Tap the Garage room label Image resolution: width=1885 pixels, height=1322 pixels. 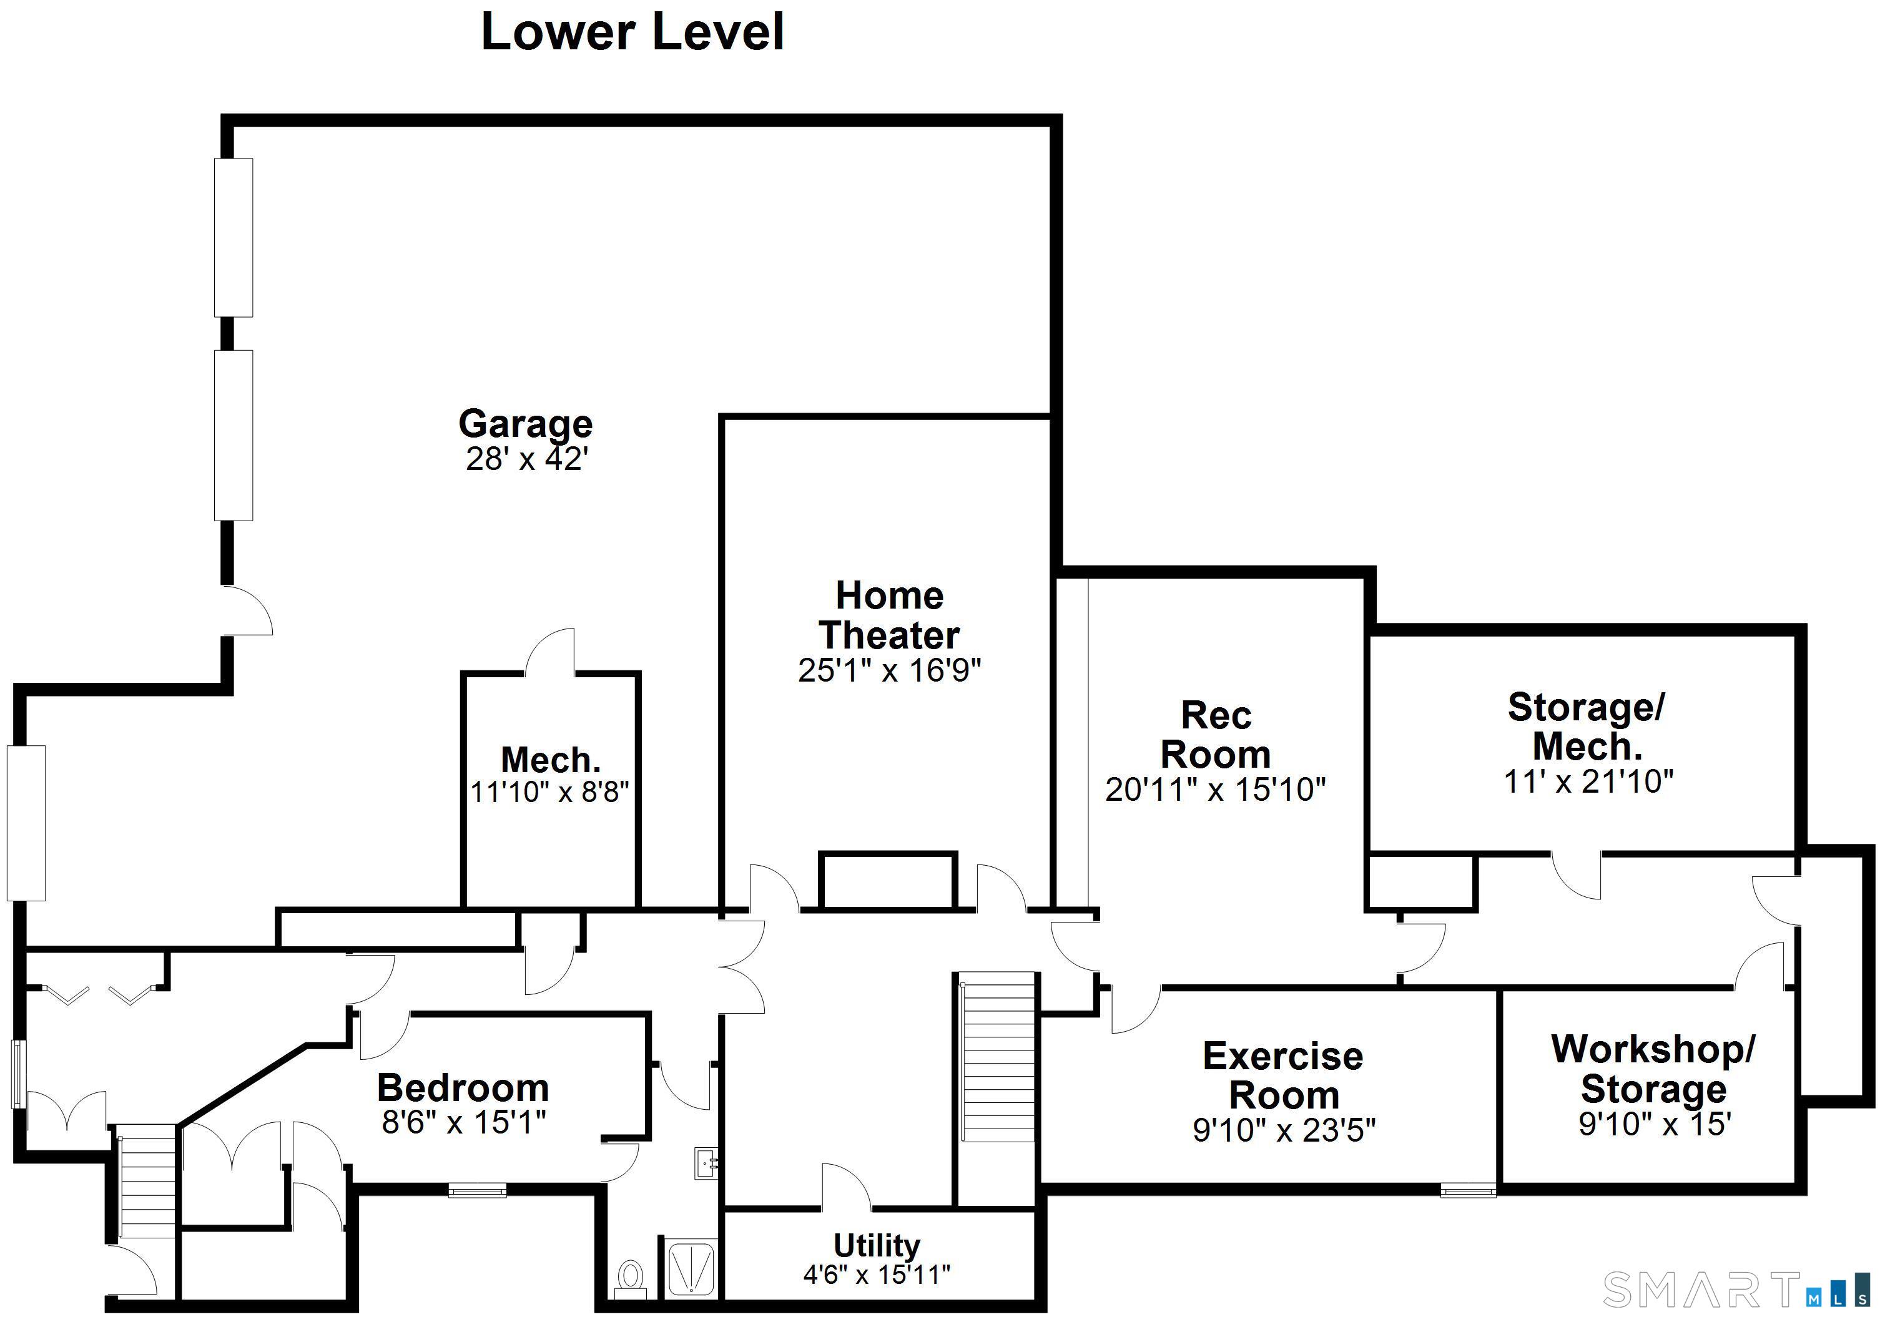526,423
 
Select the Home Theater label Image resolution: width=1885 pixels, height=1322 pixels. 889,615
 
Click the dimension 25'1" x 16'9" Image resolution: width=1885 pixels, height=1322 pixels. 889,670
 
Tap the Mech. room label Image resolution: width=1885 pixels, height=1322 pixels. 550,760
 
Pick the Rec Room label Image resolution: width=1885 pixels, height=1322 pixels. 1216,735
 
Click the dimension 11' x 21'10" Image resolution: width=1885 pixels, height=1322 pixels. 1588,781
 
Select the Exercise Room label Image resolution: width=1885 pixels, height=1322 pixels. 1283,1075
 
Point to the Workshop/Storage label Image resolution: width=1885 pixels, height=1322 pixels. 1653,1069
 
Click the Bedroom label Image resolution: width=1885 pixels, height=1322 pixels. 463,1088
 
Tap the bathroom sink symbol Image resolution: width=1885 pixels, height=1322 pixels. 706,1163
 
